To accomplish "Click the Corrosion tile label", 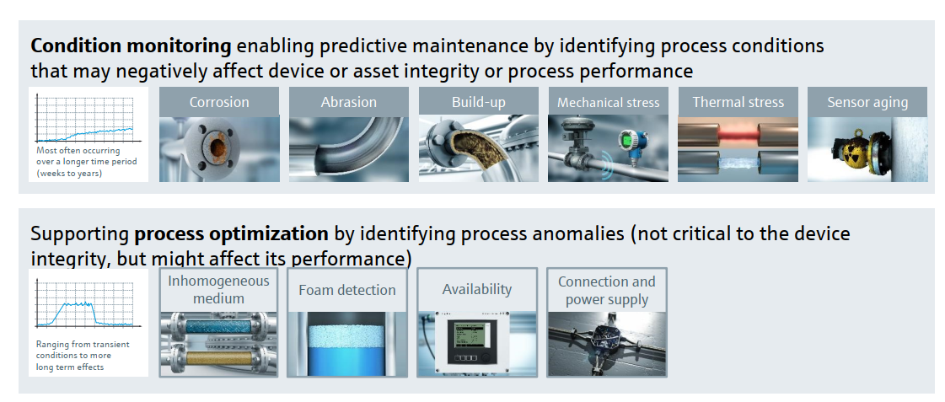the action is pyautogui.click(x=219, y=102).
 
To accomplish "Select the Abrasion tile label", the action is pyautogui.click(x=348, y=102).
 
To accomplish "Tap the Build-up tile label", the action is pyautogui.click(x=479, y=102).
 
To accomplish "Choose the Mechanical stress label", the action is pyautogui.click(x=608, y=103).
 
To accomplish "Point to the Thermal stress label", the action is pyautogui.click(x=738, y=102).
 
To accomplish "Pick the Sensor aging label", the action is pyautogui.click(x=867, y=102).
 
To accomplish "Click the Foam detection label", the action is pyautogui.click(x=347, y=290).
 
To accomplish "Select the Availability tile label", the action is pyautogui.click(x=477, y=289).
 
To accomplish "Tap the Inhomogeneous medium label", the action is pyautogui.click(x=219, y=289).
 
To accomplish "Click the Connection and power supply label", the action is pyautogui.click(x=606, y=291).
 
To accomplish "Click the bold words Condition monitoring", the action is pyautogui.click(x=131, y=46).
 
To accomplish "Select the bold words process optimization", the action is pyautogui.click(x=232, y=233).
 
